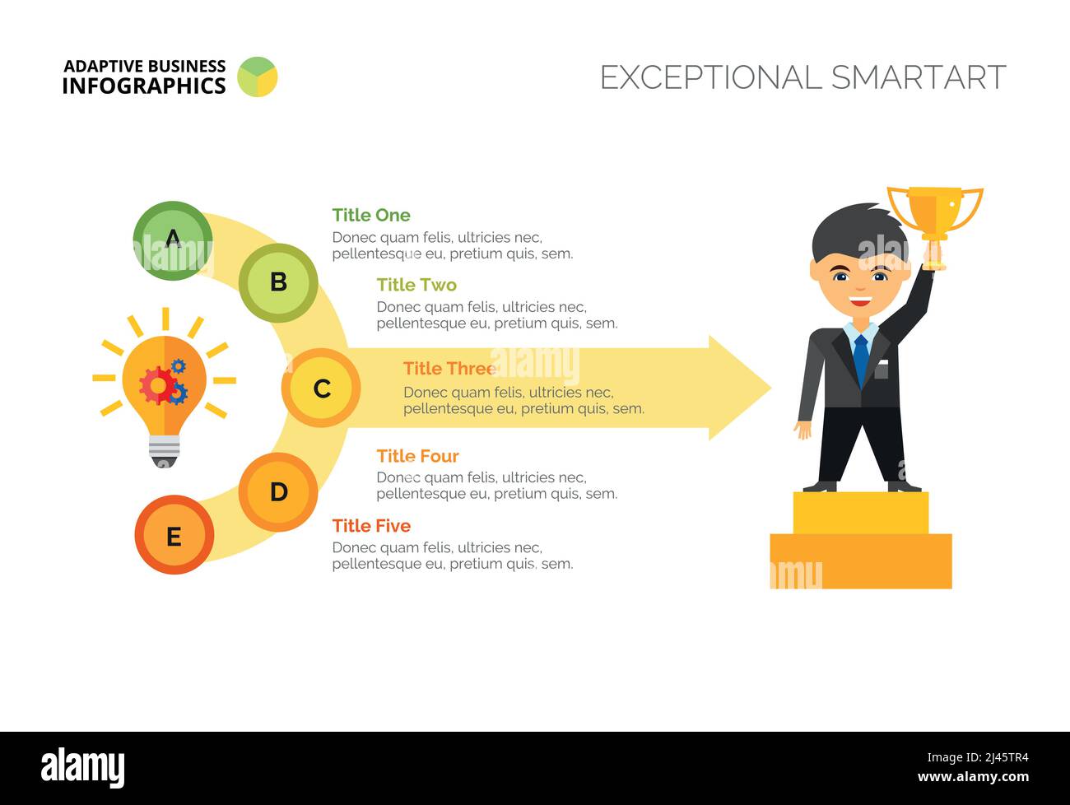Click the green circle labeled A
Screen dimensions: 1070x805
[x=173, y=240]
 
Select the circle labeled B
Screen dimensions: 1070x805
[x=278, y=283]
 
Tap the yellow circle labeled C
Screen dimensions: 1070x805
[x=321, y=388]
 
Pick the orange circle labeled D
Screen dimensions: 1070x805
[x=278, y=492]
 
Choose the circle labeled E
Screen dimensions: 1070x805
[x=174, y=535]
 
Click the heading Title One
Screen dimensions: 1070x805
[x=371, y=215]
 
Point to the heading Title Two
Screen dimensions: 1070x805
[x=416, y=285]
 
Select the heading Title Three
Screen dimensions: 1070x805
[x=449, y=369]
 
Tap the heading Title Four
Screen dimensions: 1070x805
[x=417, y=456]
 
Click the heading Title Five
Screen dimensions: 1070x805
[x=371, y=526]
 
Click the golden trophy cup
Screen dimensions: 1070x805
[x=935, y=213]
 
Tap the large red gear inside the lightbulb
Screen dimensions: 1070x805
[x=157, y=385]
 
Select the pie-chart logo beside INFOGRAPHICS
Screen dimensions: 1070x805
[x=258, y=77]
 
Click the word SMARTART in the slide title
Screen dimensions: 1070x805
[x=919, y=77]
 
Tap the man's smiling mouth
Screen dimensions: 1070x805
[x=860, y=301]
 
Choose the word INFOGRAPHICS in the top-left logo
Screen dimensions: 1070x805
[x=144, y=86]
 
